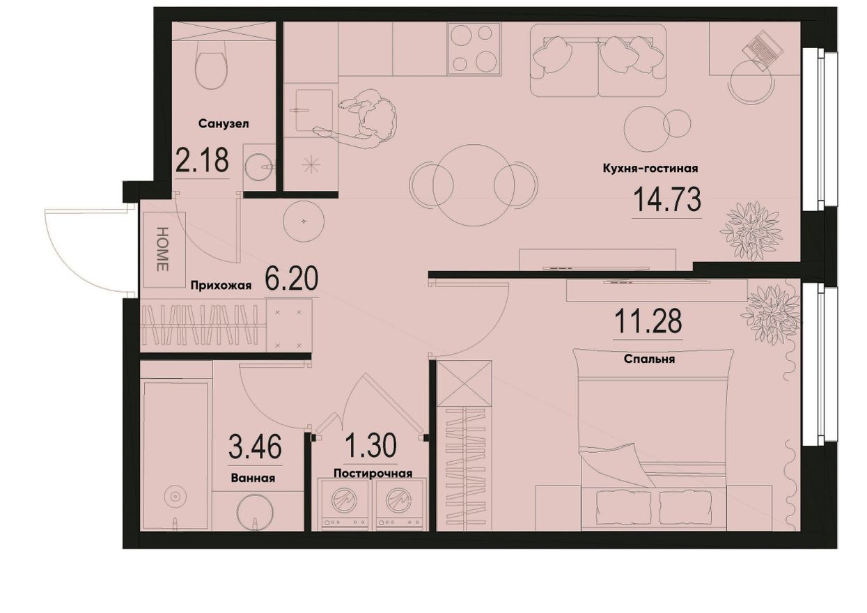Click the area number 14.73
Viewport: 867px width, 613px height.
667,200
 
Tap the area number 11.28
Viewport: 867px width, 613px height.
648,321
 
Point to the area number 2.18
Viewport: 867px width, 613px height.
202,160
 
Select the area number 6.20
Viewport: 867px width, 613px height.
292,279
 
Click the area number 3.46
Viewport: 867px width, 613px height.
255,447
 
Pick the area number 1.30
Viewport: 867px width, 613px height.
370,446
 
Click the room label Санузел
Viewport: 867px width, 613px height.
224,124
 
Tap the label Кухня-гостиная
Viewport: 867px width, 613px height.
650,169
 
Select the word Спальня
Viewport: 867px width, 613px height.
649,359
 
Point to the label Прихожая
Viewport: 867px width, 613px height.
221,286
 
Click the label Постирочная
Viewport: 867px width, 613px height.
373,473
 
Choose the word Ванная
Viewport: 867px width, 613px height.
253,478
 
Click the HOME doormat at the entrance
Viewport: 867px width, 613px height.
163,249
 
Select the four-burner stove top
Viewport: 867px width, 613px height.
474,48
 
